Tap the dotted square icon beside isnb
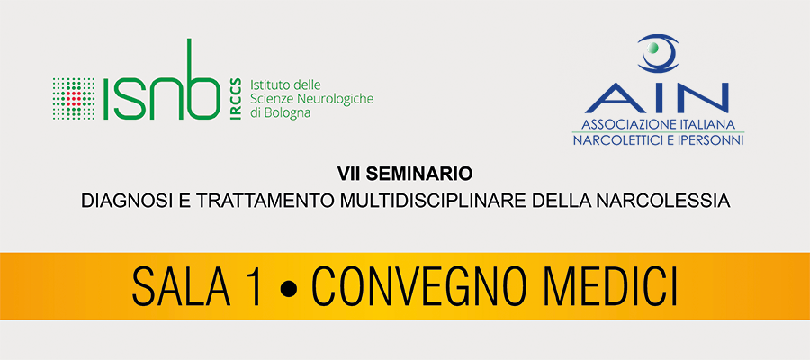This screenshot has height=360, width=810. coord(74,99)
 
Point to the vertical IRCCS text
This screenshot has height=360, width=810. coord(236,99)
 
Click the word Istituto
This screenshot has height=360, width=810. coord(266,85)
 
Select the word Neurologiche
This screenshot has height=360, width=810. coord(342,99)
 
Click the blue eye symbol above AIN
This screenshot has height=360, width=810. coord(658,53)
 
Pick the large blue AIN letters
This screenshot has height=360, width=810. coord(657,97)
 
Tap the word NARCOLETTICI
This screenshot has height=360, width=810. coord(614,140)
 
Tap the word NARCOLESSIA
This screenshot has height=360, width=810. coord(675,202)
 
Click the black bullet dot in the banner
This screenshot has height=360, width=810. coord(289,287)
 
